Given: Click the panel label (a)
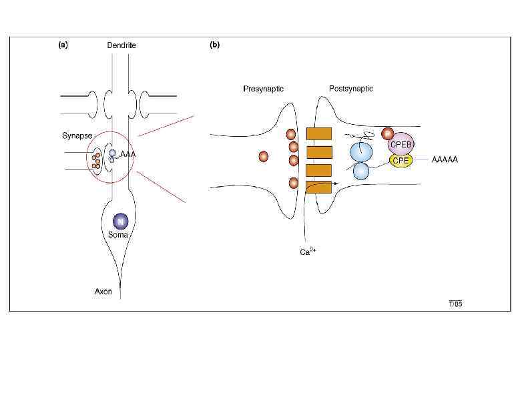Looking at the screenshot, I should coord(63,45).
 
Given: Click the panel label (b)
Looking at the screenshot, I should coord(215,45).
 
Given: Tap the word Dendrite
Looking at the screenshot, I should coord(121,45).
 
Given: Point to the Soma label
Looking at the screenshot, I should coord(118,235).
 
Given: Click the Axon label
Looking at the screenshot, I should coord(103,291).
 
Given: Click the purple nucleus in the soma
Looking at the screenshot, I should coord(120,220).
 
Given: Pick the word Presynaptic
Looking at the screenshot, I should coord(263,89).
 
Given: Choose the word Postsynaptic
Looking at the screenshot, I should coord(350,89).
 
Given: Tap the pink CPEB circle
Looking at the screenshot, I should coord(400,143).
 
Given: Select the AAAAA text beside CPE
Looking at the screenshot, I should coord(445,160).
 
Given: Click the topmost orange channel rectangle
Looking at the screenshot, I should coord(319,133).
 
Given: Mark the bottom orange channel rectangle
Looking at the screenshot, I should coord(319,187).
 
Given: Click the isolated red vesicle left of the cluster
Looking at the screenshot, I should coord(263,157).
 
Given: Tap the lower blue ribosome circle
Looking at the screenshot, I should coord(360,171).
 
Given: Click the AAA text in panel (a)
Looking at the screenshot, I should coord(128,154).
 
